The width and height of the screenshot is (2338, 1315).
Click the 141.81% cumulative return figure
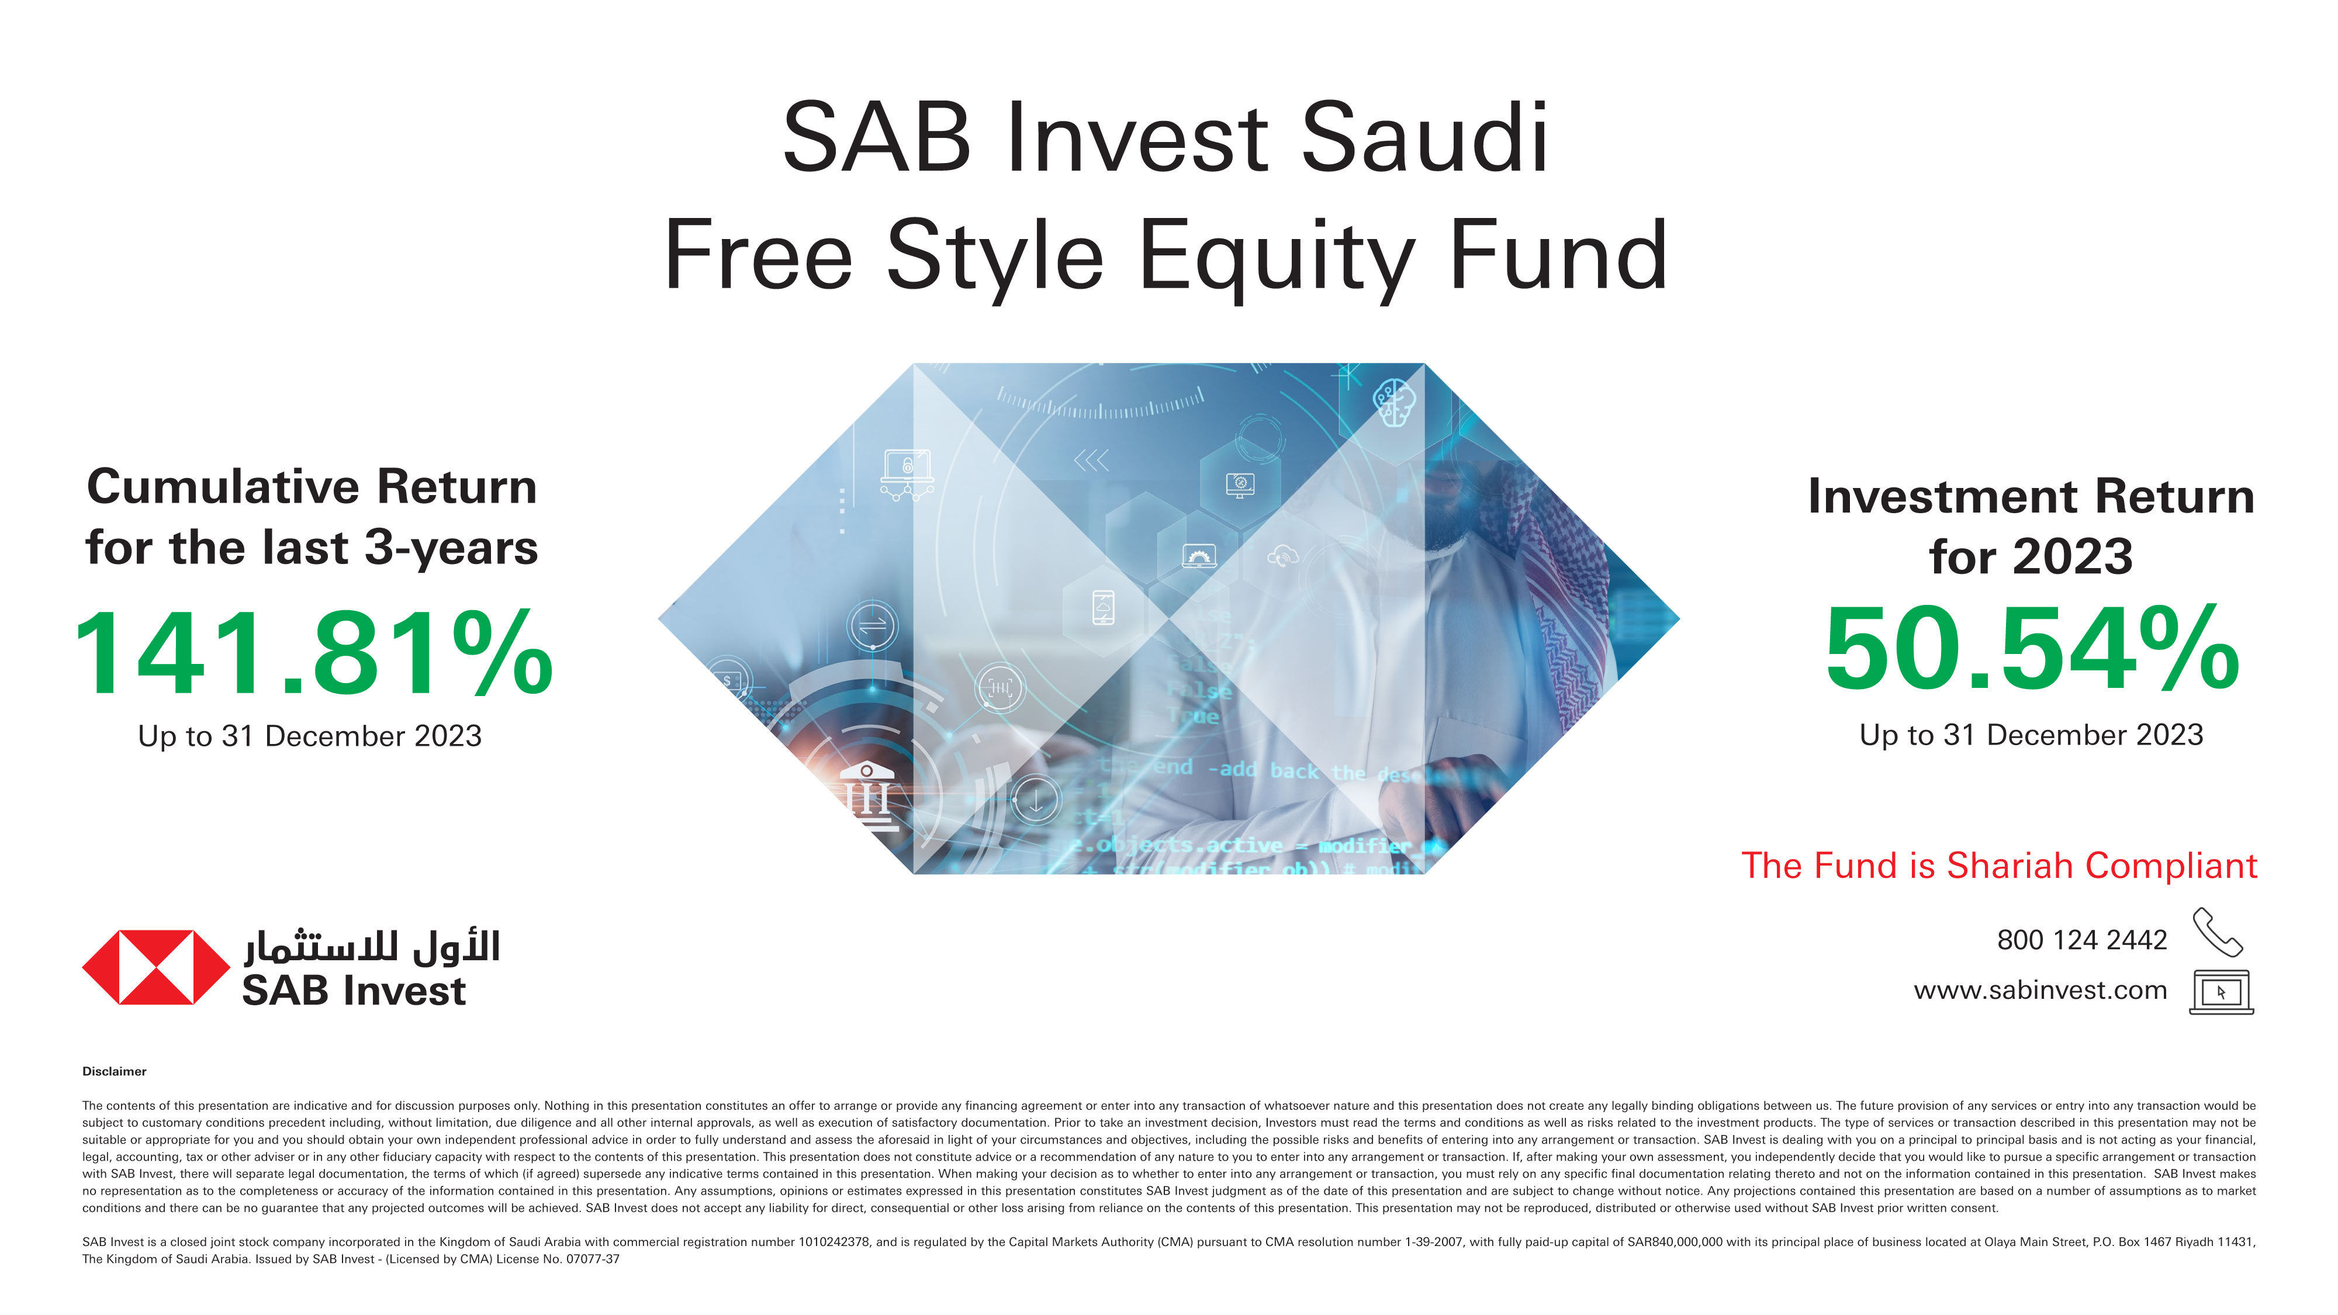coord(313,653)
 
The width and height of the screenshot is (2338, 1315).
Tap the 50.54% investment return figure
coord(2031,650)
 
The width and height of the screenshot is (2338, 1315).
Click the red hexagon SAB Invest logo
coord(156,967)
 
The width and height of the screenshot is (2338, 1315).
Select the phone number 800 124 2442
coord(2081,940)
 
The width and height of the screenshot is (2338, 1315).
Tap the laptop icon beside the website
coord(2221,992)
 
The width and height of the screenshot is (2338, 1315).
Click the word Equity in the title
coord(1275,257)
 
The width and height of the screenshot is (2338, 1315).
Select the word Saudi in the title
coord(1425,139)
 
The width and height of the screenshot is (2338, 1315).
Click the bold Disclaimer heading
coord(115,1072)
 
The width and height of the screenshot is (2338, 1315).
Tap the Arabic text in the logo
coord(372,947)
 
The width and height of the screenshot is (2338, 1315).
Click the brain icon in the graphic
coord(1393,402)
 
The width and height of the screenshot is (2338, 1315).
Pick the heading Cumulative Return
coord(312,487)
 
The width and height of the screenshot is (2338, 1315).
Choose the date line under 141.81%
coord(310,736)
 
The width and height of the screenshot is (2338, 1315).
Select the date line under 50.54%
coord(2031,735)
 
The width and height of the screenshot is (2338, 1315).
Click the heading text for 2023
coord(2031,556)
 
